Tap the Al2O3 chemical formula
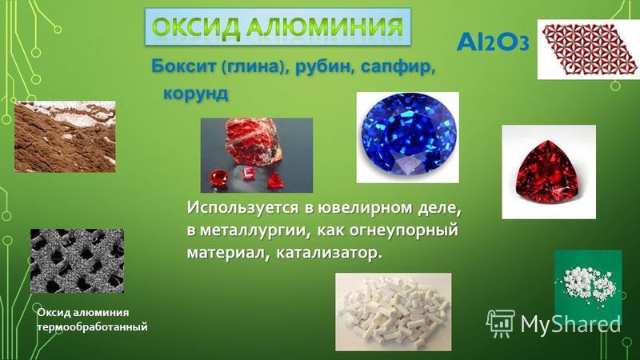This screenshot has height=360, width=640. click(493, 42)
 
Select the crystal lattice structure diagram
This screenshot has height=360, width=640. click(588, 50)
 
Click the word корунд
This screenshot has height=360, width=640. click(195, 94)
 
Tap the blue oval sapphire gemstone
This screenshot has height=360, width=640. click(408, 136)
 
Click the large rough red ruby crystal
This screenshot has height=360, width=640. click(253, 141)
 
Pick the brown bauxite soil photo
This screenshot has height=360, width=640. click(65, 136)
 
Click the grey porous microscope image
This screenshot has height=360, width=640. click(77, 261)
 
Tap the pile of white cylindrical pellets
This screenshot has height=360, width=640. click(394, 312)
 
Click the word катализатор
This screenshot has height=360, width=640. click(330, 253)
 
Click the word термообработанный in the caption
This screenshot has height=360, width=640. click(92, 327)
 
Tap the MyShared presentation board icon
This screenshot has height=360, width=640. click(501, 323)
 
